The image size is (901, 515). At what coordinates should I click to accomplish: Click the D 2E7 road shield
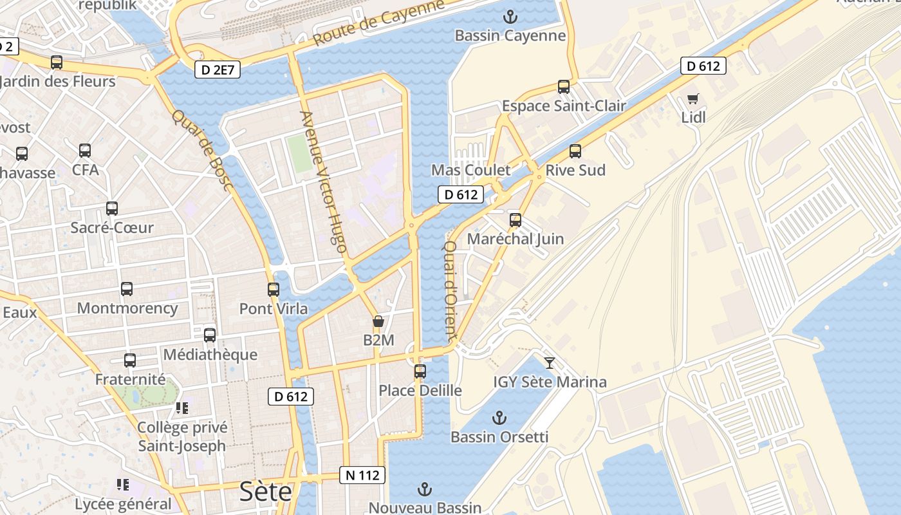coord(217,70)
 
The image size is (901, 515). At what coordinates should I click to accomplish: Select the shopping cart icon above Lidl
coord(692,99)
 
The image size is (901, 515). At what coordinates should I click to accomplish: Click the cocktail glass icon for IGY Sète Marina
coord(549,363)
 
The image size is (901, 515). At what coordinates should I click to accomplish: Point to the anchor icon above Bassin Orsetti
coord(499,418)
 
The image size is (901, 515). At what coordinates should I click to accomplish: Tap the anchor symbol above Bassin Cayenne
coord(510,17)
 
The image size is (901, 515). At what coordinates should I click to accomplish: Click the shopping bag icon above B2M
coord(378,321)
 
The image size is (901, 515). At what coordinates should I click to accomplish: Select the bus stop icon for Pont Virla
coord(274,290)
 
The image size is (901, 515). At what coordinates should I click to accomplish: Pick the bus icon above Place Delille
coord(420,371)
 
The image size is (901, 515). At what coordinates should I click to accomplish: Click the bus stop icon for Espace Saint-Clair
coord(564,87)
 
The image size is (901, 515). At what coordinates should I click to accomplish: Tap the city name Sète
coord(265,492)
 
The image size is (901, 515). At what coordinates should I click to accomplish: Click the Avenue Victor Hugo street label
coord(324,182)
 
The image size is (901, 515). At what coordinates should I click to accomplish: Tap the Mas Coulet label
coord(470,171)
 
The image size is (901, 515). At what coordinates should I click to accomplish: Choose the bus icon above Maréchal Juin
coord(515,220)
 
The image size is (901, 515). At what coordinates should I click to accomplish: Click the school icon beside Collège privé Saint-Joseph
coord(181,408)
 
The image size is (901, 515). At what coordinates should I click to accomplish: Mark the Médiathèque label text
coord(210,355)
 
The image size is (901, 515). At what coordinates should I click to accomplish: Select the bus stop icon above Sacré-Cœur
coord(112,209)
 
